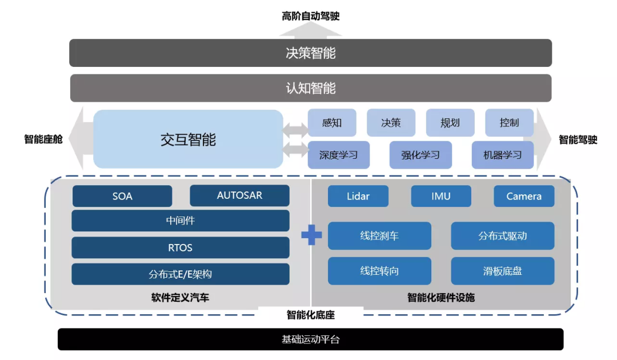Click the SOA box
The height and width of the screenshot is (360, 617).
click(x=122, y=196)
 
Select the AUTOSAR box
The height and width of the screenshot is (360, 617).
click(x=239, y=195)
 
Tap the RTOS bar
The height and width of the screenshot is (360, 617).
click(x=181, y=247)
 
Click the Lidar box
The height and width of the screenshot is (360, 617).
click(x=358, y=196)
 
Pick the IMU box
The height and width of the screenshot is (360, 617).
click(x=441, y=196)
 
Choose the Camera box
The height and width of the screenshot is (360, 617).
click(x=524, y=196)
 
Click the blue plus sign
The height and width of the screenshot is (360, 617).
click(x=311, y=235)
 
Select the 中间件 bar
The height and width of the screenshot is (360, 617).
click(x=181, y=221)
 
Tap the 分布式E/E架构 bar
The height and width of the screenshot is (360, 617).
click(x=181, y=274)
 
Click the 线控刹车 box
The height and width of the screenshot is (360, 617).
click(x=379, y=236)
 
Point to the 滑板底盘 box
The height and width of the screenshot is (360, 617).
click(x=503, y=271)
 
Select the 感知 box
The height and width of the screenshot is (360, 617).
click(x=332, y=123)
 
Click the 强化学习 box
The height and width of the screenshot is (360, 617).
click(x=420, y=155)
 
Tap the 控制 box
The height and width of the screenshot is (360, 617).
click(x=509, y=123)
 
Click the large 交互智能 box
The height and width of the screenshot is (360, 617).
click(x=188, y=139)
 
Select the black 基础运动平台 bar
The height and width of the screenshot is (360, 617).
click(x=310, y=339)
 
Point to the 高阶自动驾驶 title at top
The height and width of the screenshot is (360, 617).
click(x=310, y=16)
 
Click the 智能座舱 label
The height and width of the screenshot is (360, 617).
click(x=43, y=139)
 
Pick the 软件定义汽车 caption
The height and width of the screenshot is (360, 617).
click(x=181, y=297)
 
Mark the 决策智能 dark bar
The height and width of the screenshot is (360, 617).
click(x=310, y=53)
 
